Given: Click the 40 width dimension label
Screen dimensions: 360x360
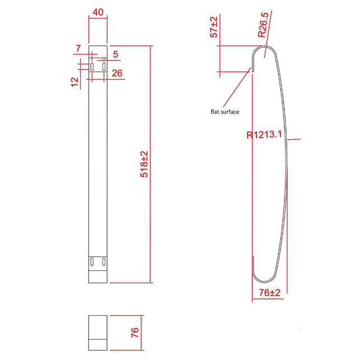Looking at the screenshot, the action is (98, 12).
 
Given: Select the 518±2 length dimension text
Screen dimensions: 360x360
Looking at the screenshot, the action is (144, 164).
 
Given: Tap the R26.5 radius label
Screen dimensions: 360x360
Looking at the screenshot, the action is (263, 25).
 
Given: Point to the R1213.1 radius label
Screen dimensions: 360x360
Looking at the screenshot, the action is (264, 134).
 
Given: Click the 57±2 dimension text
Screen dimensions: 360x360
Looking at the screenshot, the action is (214, 27).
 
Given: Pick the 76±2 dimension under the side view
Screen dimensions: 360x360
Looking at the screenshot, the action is (270, 293).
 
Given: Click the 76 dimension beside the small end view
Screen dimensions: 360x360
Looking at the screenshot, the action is (135, 333).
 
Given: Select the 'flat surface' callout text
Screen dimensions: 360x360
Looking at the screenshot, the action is (225, 112).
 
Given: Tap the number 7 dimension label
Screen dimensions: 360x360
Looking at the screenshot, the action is (78, 49).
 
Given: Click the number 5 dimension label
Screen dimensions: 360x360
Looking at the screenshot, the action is (115, 54).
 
